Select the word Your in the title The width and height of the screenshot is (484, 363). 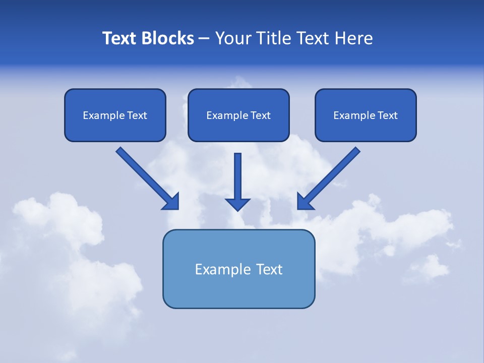tap(233, 38)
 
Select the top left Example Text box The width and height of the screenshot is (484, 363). tap(115, 115)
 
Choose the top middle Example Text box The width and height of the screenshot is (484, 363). tap(238, 115)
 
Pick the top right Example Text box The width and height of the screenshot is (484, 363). tap(366, 115)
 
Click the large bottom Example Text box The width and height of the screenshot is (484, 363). tap(238, 269)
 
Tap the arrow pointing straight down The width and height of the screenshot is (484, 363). tap(238, 179)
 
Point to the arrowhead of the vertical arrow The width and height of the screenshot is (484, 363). tap(238, 204)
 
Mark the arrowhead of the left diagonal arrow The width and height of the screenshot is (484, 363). tap(171, 202)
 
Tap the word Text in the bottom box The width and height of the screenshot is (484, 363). tap(269, 269)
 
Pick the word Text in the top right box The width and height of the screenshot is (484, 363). tap(387, 115)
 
